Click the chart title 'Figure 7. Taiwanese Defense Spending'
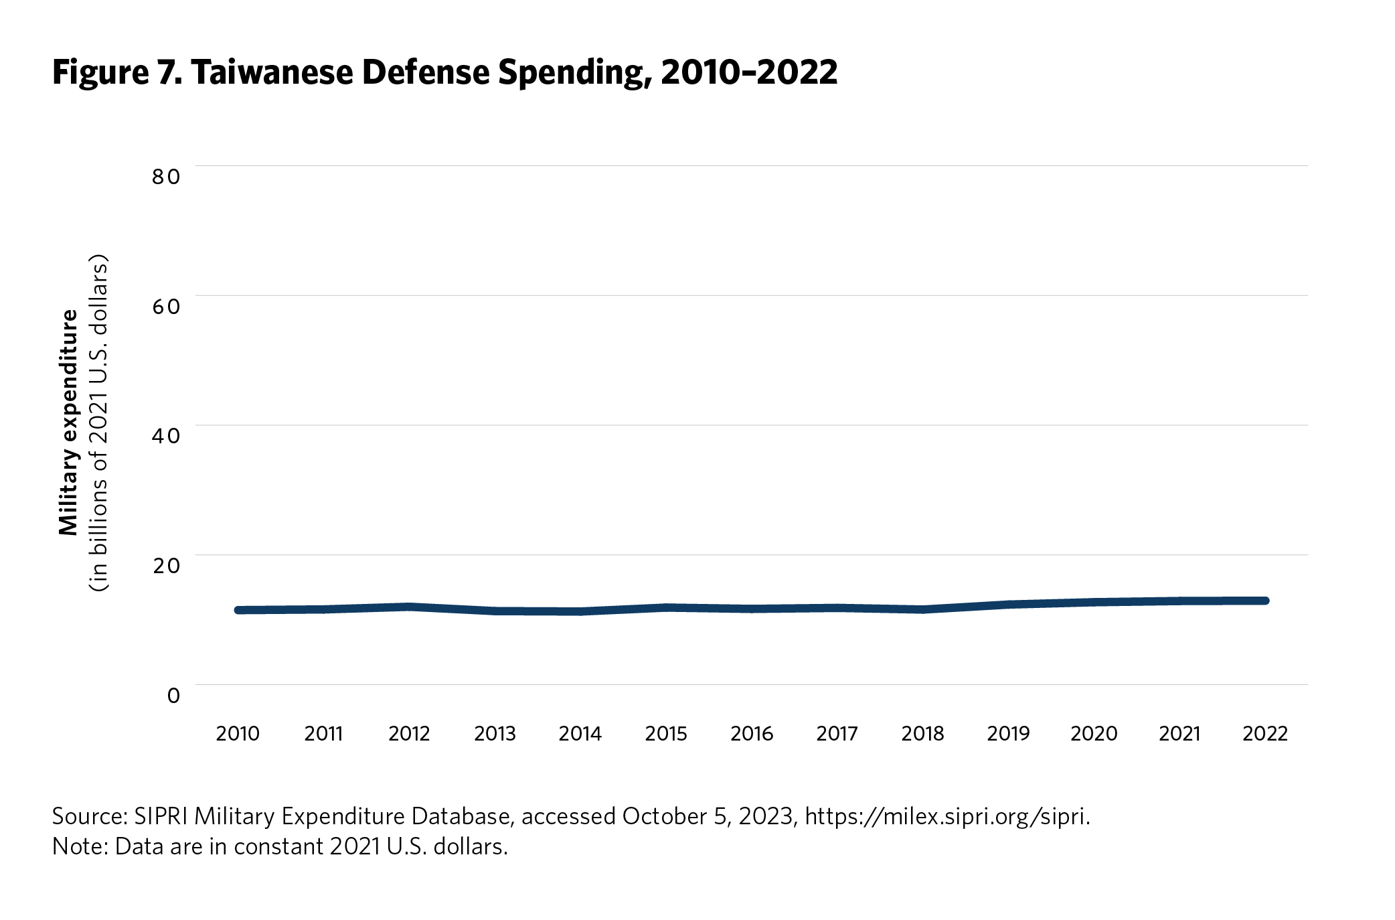click(444, 72)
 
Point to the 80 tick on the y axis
click(166, 177)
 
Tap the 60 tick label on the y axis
click(166, 307)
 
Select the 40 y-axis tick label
click(166, 436)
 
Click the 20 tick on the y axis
click(166, 566)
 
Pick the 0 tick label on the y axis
click(173, 696)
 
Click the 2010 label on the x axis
click(238, 734)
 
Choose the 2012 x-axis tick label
click(409, 734)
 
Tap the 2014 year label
click(580, 734)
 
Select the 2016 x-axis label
click(752, 734)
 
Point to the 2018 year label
click(922, 734)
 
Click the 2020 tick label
click(1094, 734)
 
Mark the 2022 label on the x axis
click(1265, 734)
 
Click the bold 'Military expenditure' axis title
click(69, 423)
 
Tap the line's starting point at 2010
click(238, 610)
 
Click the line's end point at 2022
click(1265, 601)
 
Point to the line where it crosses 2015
click(666, 607)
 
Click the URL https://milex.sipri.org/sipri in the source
click(947, 817)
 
